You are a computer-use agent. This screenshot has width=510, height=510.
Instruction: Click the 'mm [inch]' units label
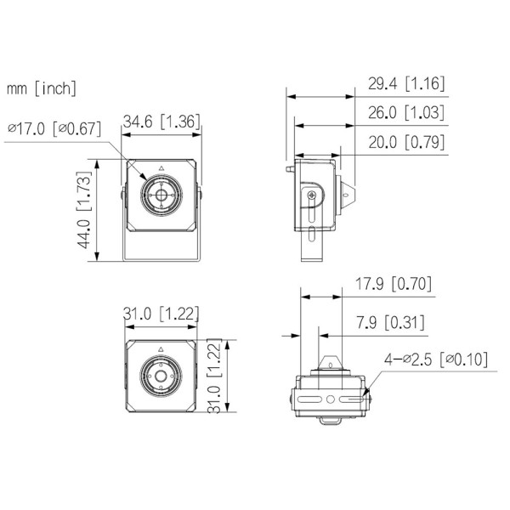42,88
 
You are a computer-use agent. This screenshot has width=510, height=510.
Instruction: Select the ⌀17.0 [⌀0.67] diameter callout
54,129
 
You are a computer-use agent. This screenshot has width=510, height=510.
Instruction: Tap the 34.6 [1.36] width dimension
161,122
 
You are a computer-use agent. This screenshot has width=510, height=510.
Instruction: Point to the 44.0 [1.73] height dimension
84,212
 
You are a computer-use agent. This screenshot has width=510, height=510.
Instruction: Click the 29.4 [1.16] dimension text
406,83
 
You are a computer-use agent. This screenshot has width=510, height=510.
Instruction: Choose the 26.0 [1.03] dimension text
406,113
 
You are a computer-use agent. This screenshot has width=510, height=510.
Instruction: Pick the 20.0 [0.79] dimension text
406,142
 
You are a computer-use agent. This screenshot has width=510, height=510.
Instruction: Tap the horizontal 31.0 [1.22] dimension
161,314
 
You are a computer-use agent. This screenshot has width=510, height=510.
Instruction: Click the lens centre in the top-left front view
161,195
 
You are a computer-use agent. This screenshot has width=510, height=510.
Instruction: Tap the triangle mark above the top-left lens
161,168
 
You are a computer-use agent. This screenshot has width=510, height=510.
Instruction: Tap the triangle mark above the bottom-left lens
161,349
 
